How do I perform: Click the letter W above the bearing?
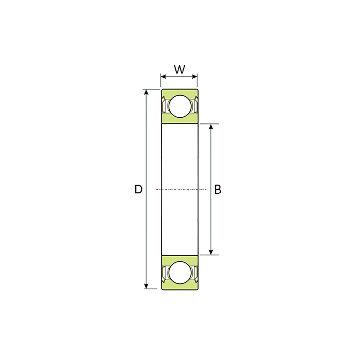tap(179, 69)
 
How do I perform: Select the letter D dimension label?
tap(138, 189)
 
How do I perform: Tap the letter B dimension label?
tap(218, 189)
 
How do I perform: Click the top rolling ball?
tap(179, 106)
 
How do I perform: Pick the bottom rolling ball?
tap(179, 272)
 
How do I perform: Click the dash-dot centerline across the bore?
tap(179, 190)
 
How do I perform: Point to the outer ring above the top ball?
tap(179, 92)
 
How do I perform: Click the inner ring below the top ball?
tap(179, 120)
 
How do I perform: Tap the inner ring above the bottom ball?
tap(179, 258)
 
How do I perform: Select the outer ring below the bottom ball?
tap(179, 286)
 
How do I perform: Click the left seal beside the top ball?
tap(165, 106)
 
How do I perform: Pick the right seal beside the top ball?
tap(194, 106)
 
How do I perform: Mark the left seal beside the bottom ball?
tap(165, 273)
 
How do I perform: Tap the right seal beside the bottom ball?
tap(194, 273)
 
